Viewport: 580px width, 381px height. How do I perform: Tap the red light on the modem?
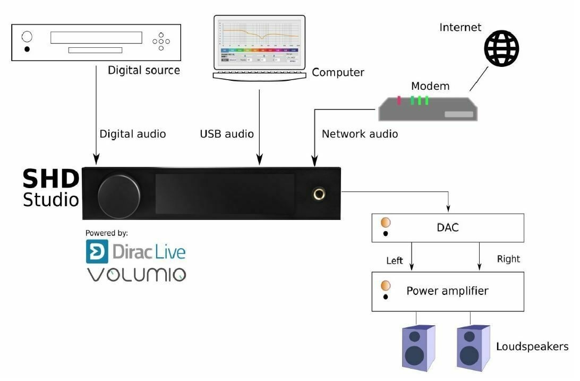[x=399, y=100]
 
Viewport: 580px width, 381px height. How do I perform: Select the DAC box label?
[x=447, y=227]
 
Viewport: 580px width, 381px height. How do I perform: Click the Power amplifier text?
[x=447, y=291]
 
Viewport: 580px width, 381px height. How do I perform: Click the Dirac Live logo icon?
[x=97, y=251]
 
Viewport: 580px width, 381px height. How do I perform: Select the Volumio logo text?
[x=137, y=275]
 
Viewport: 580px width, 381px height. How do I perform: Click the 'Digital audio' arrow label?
[x=133, y=134]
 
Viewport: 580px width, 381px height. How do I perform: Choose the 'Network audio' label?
[x=360, y=134]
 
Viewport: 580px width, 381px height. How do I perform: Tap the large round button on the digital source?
[x=27, y=37]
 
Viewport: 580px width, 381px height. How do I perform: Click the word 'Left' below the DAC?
[x=395, y=261]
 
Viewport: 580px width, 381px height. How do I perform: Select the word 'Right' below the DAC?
[x=508, y=259]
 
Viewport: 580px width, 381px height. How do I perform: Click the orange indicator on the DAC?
[x=386, y=222]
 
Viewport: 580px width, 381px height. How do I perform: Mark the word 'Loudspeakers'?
[x=532, y=346]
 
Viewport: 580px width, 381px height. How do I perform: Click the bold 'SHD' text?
[x=51, y=179]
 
